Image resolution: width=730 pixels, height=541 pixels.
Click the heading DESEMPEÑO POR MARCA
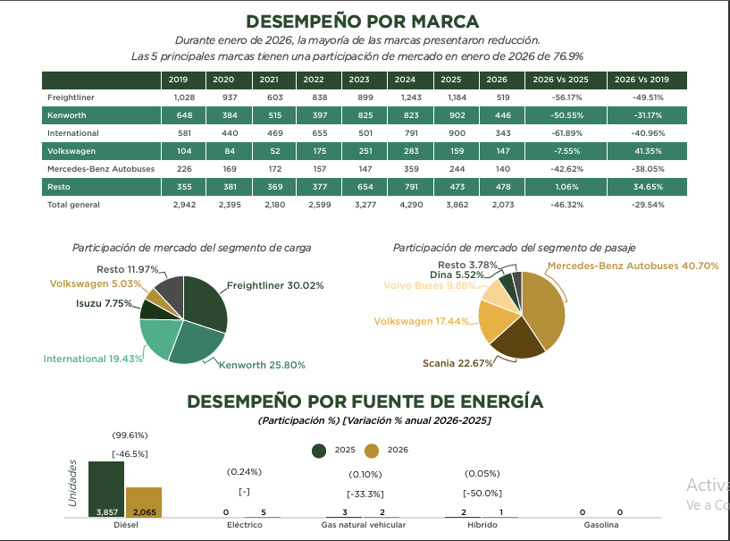pyautogui.click(x=362, y=21)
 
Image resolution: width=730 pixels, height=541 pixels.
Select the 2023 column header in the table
pyautogui.click(x=359, y=80)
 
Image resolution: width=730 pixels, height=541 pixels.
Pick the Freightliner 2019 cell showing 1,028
pyautogui.click(x=184, y=97)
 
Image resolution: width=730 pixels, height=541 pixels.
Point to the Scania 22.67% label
pyautogui.click(x=457, y=363)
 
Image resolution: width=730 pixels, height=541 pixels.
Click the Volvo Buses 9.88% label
pyautogui.click(x=426, y=286)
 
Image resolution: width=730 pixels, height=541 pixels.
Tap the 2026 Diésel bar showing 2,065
pyautogui.click(x=144, y=503)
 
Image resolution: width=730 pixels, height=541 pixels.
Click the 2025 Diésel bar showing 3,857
pyautogui.click(x=106, y=489)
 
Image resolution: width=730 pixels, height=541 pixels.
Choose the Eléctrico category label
pyautogui.click(x=245, y=526)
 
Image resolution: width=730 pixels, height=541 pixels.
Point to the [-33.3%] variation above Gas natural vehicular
pyautogui.click(x=365, y=494)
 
